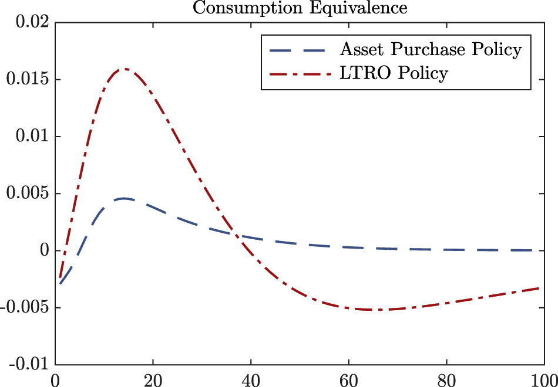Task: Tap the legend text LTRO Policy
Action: [x=394, y=73]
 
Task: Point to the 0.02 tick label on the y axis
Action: [x=29, y=23]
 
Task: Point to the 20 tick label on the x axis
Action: [x=153, y=378]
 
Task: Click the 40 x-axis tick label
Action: [x=251, y=378]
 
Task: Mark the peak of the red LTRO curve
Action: [x=124, y=69]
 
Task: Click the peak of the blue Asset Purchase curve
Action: [x=124, y=198]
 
